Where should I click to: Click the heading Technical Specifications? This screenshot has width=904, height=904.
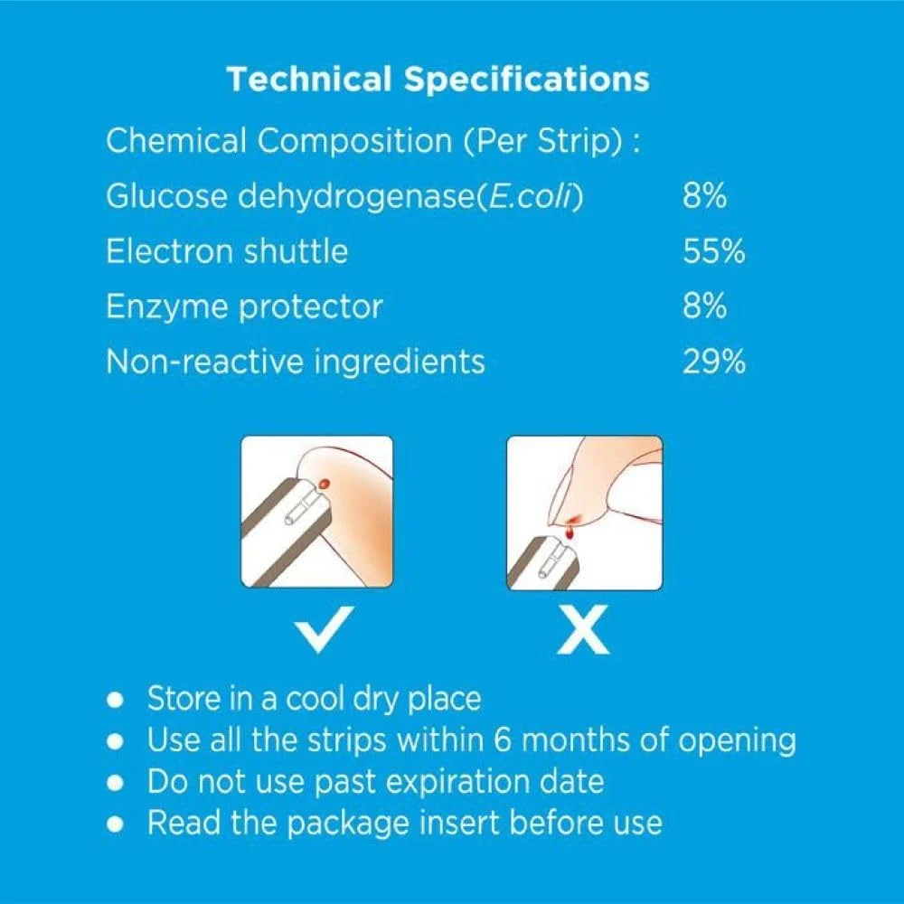[x=438, y=80]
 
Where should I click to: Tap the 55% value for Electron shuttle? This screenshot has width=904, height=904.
[x=714, y=251]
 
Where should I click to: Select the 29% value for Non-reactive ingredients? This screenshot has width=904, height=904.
[x=714, y=363]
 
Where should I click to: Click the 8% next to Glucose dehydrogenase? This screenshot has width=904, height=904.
[x=704, y=195]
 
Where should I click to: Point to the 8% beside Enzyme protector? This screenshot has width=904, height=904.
[x=704, y=306]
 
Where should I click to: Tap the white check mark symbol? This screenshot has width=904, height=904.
[x=324, y=629]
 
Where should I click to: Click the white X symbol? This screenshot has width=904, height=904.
[x=583, y=629]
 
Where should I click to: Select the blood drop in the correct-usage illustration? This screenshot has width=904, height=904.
[x=325, y=483]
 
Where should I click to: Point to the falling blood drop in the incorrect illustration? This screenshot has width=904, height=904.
[x=570, y=533]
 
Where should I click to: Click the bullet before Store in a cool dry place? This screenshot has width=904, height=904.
[x=116, y=700]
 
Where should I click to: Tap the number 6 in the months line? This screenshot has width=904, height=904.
[x=502, y=739]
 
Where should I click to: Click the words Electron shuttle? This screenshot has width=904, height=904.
[x=227, y=251]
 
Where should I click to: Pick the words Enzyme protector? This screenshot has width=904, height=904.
[x=244, y=307]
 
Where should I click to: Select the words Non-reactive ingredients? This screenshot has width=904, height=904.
[x=296, y=363]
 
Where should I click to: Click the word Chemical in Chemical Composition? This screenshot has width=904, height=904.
[x=176, y=141]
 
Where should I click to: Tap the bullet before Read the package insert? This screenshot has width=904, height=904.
[x=116, y=824]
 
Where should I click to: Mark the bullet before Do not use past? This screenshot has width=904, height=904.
[x=116, y=783]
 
